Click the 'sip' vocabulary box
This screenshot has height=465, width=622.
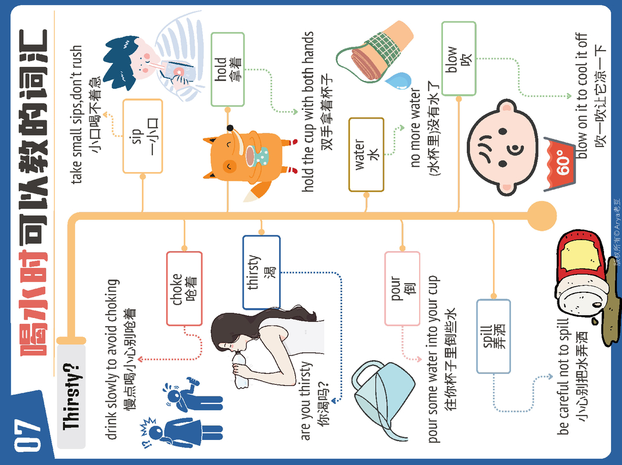click(x=142, y=137)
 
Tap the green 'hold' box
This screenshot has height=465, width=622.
click(x=227, y=70)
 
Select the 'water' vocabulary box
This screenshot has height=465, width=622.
click(x=366, y=155)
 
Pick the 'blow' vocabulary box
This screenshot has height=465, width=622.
click(x=459, y=59)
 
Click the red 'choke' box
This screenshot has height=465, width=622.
click(x=184, y=288)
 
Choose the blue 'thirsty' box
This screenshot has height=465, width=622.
click(x=262, y=272)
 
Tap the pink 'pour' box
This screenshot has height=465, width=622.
click(x=402, y=288)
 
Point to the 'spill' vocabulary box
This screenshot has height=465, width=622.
click(x=494, y=336)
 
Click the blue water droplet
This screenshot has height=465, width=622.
click(x=398, y=81)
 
